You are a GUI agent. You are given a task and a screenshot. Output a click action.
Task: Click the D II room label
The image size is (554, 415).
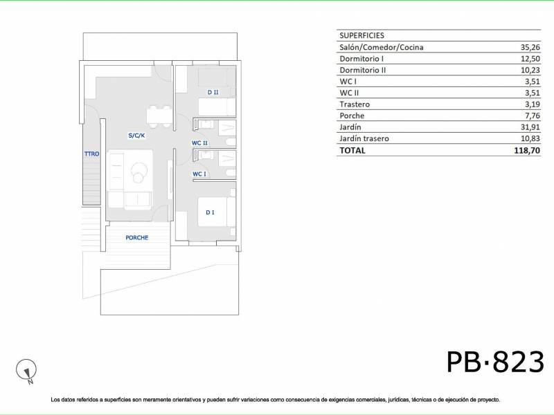(213, 92)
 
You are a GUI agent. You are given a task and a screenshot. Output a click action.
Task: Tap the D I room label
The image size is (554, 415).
(210, 212)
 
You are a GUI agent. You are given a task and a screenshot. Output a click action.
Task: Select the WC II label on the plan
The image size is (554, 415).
(199, 143)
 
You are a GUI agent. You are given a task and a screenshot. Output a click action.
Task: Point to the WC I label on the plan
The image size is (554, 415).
(199, 174)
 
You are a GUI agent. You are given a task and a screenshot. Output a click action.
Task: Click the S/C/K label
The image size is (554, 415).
(136, 135)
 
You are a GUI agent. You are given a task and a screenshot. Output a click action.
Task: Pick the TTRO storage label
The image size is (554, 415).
(92, 154)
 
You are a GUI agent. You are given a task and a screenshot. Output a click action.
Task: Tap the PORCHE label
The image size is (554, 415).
(136, 237)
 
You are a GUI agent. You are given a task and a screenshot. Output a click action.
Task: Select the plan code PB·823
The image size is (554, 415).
(495, 362)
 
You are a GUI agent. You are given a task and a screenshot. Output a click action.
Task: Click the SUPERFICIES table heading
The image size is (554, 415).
(361, 35)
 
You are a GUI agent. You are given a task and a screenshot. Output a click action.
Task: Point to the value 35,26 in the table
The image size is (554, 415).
(530, 47)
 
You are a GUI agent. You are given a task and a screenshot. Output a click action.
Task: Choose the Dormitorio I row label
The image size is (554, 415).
(361, 59)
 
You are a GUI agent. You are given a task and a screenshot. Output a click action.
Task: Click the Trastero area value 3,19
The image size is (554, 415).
(533, 104)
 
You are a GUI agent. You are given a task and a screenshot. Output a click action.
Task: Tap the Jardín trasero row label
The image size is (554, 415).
(364, 138)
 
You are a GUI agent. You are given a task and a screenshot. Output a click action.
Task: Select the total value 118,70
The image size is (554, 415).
(527, 150)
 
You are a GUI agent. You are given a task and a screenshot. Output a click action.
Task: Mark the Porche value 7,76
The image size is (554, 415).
(533, 116)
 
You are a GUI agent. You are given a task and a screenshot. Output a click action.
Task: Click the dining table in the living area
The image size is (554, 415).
(159, 116)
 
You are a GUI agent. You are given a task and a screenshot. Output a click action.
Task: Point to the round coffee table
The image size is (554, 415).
(139, 172)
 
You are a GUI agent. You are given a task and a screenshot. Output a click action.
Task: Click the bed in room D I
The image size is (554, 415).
(216, 212)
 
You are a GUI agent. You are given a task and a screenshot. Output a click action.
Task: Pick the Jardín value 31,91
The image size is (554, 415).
(530, 127)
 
